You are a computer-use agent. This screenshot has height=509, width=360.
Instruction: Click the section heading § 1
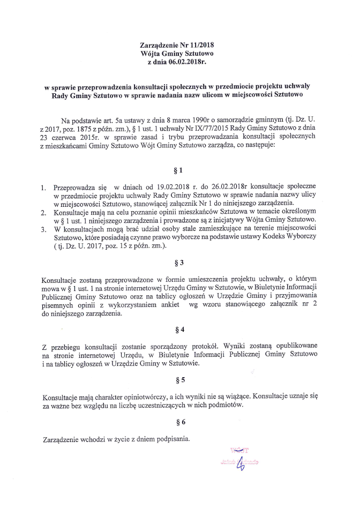(179, 171)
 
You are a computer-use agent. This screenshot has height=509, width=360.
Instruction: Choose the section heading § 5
(179, 380)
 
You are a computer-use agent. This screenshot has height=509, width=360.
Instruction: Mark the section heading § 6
(179, 422)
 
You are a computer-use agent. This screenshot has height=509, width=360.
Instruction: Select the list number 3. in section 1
(43, 229)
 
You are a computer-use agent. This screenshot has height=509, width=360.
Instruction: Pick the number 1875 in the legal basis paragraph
(85, 129)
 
